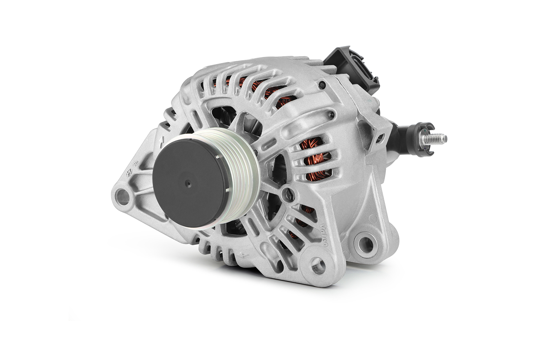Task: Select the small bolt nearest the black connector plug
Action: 321,85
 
